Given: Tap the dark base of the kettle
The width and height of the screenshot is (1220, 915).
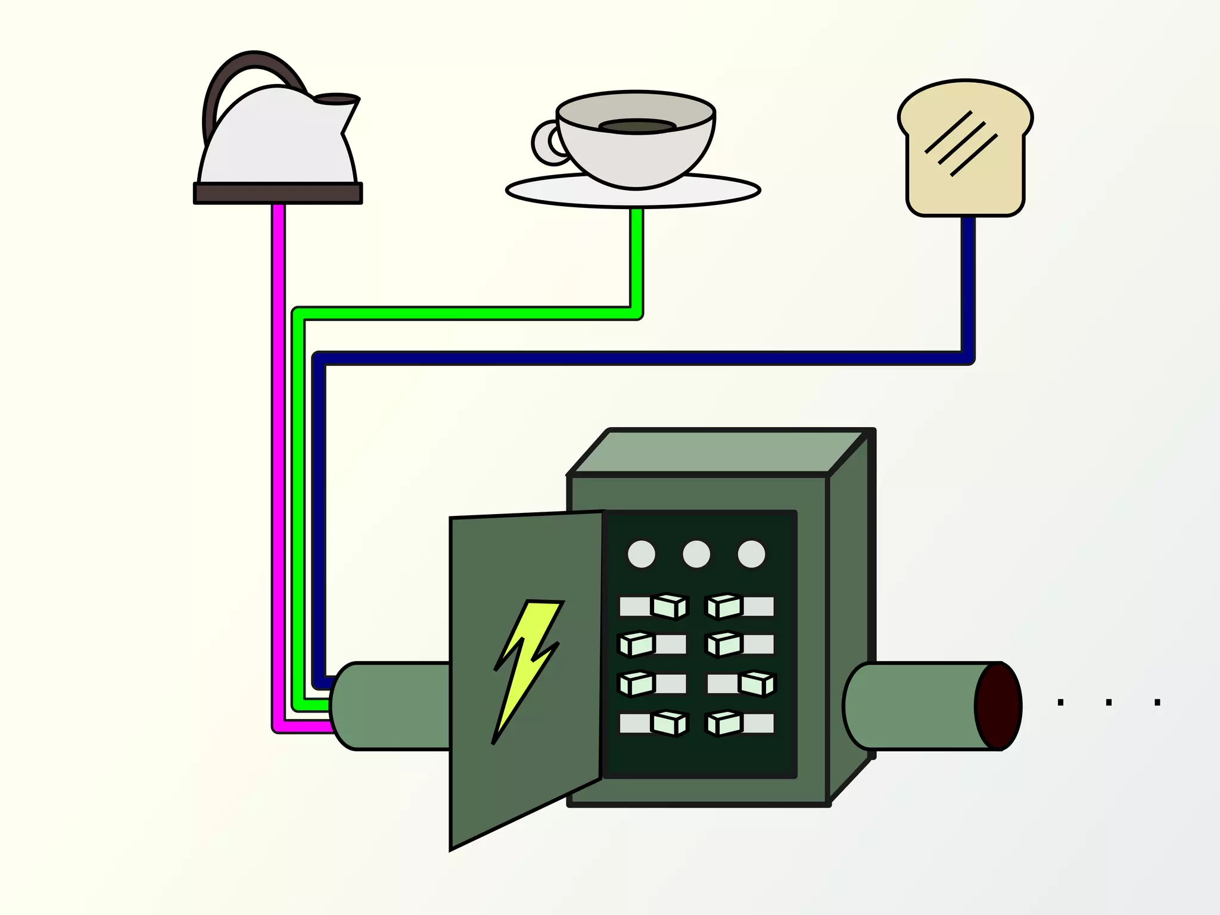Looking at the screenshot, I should [278, 194].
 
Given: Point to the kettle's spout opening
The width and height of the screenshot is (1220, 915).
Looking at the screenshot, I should [337, 99].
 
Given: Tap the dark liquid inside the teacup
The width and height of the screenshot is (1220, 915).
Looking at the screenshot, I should [637, 126].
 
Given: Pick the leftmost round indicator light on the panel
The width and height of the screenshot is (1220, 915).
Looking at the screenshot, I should [642, 554].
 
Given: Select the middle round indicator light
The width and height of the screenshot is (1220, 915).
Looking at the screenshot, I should [696, 554].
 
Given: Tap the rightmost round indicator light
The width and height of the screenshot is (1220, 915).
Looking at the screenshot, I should [751, 554].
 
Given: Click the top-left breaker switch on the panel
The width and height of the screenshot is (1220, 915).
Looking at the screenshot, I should [668, 606].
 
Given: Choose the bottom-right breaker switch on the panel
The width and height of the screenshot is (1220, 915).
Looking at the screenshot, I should [724, 724].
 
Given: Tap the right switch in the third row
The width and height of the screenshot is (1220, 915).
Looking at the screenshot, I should [757, 684].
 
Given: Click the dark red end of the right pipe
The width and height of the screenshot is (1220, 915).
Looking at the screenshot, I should [999, 707].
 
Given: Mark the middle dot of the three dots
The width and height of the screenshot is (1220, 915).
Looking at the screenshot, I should [1109, 702].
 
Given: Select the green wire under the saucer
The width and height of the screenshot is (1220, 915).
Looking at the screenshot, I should [637, 256].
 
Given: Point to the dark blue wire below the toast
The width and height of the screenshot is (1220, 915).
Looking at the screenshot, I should [968, 286].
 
